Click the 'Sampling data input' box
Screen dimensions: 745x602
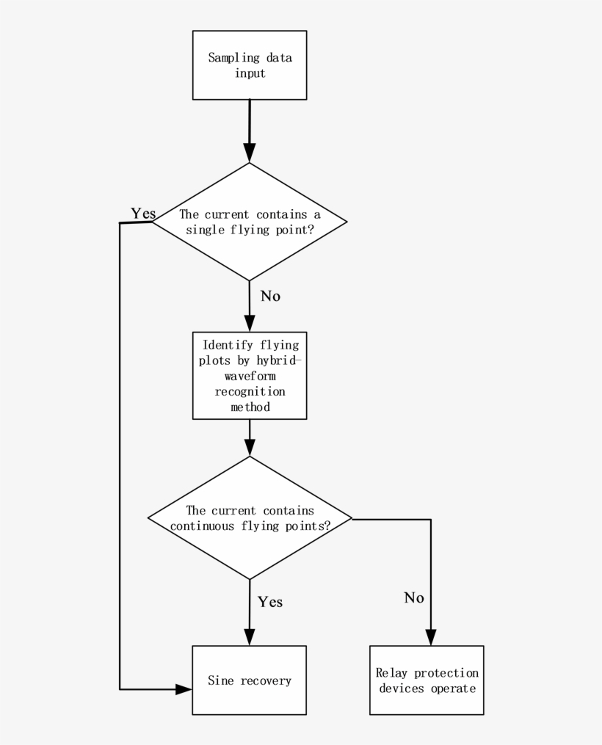[250, 65]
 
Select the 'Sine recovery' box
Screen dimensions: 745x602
[249, 680]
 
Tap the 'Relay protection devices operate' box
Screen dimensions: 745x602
[427, 680]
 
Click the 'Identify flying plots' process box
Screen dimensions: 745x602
[250, 375]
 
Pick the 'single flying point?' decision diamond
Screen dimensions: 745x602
[250, 222]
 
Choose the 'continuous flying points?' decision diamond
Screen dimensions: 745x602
[250, 517]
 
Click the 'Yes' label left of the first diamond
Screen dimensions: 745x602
[143, 214]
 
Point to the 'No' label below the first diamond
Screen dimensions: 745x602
[270, 297]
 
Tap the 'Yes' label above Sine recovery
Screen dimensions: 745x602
[269, 602]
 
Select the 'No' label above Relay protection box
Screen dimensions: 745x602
[414, 598]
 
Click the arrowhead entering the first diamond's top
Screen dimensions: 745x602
[250, 154]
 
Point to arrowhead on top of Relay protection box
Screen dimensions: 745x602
[431, 637]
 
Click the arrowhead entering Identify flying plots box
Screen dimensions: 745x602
[250, 324]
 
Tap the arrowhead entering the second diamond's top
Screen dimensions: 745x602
[250, 448]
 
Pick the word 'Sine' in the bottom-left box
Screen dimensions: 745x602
[221, 680]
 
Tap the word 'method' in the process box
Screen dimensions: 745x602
[250, 407]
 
